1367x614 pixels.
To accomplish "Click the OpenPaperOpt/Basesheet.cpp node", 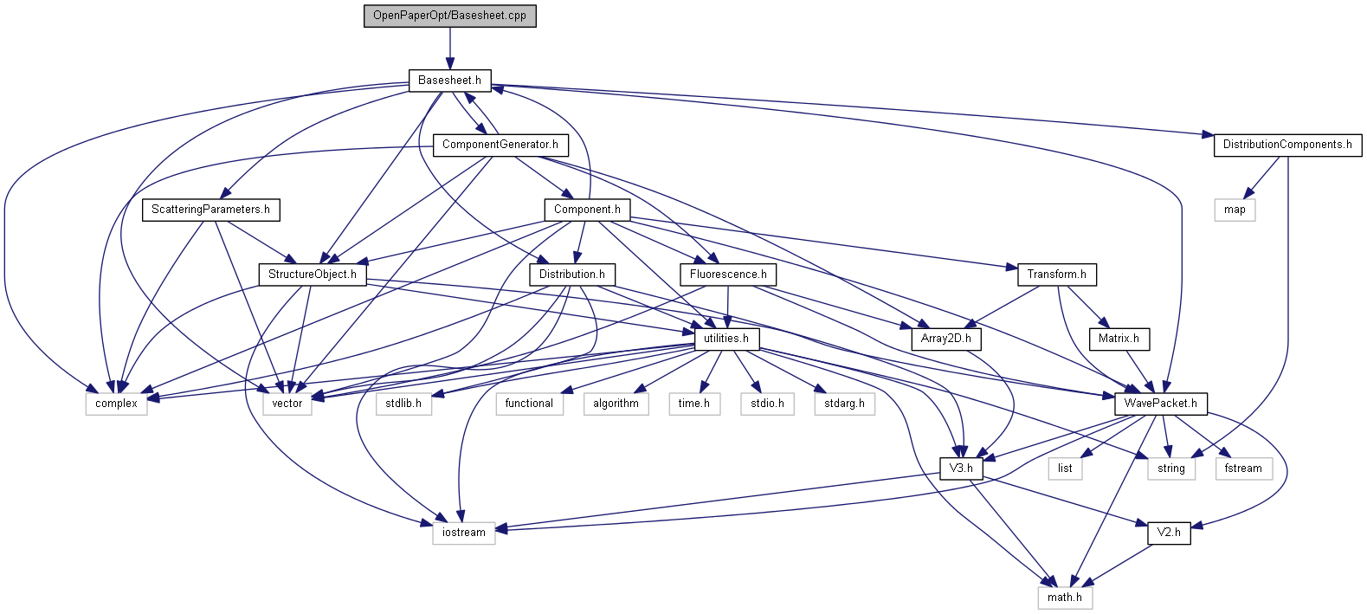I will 449,16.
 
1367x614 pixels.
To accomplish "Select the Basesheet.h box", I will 449,81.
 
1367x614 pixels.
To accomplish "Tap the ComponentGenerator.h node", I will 500,145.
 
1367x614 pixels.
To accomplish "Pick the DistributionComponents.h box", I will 1286,145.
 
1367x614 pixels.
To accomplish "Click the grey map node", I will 1235,210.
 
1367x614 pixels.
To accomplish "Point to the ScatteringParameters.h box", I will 210,210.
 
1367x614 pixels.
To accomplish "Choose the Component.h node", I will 587,210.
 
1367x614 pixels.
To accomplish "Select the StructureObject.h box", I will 312,275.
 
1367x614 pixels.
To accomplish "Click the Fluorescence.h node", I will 728,275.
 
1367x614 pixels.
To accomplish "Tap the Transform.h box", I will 1056,275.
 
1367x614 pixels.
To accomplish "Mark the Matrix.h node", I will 1119,339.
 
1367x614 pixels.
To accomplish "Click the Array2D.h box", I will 945,339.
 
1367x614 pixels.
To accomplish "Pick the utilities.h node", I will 726,339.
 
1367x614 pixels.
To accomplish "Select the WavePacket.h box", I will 1160,404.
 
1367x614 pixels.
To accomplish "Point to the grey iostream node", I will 464,533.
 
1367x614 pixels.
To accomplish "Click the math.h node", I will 1065,598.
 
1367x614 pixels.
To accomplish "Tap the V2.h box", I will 1169,533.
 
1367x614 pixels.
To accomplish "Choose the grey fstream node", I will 1243,469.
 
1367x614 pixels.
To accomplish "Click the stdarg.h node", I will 844,404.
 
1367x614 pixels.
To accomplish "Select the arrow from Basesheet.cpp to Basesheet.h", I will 449,48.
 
